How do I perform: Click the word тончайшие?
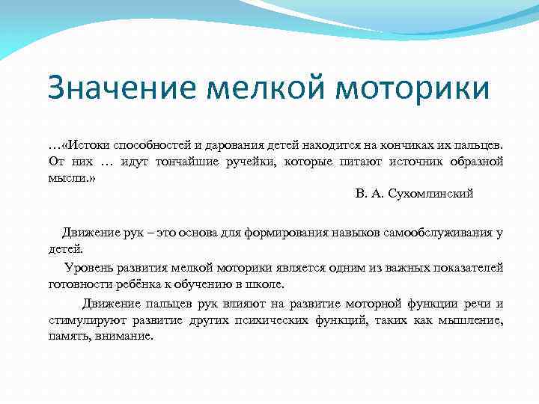click(192, 162)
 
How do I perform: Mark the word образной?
click(475, 162)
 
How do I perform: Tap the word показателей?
click(469, 268)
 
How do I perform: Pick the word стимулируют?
click(84, 320)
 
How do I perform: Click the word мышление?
click(471, 320)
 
